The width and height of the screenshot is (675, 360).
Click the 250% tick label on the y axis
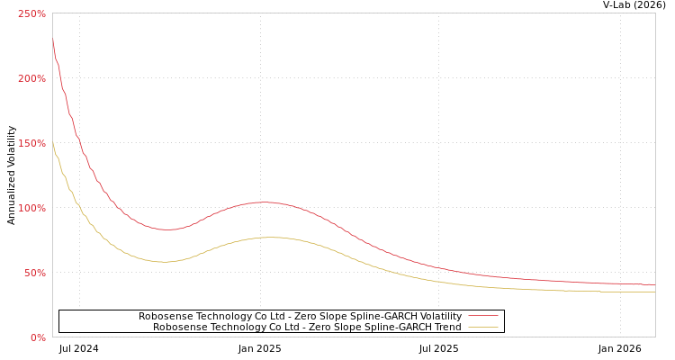[31, 13]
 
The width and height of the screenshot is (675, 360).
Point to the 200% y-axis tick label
[31, 78]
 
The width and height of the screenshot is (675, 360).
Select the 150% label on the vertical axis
[31, 143]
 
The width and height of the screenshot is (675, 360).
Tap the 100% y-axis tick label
[31, 208]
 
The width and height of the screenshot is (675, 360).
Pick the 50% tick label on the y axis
[34, 273]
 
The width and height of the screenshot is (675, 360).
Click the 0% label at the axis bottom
[38, 337]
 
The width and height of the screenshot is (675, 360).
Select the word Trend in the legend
[445, 327]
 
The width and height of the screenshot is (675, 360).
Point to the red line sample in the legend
[483, 316]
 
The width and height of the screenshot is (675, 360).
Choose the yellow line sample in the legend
[483, 327]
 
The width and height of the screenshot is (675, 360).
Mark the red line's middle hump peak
[263, 202]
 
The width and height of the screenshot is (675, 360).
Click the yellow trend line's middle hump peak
[270, 237]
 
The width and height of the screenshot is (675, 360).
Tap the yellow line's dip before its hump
[164, 262]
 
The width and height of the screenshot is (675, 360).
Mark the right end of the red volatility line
[654, 284]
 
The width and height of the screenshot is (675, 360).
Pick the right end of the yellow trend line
[654, 292]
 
